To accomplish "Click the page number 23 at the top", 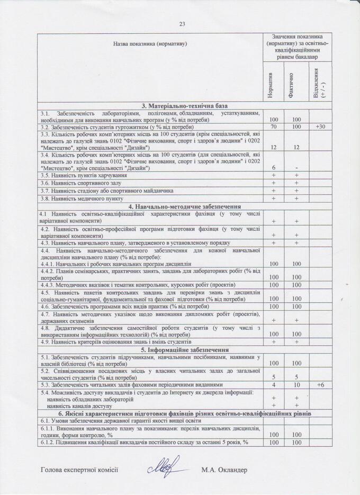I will pos(183,24).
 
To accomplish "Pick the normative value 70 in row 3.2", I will pos(274,128).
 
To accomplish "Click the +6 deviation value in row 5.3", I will pos(320,385).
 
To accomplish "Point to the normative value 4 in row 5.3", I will pos(274,385).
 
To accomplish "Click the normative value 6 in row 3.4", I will pos(274,168).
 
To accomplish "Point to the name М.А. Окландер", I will pos(224,470).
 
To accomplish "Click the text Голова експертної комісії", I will pos(79,470).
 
